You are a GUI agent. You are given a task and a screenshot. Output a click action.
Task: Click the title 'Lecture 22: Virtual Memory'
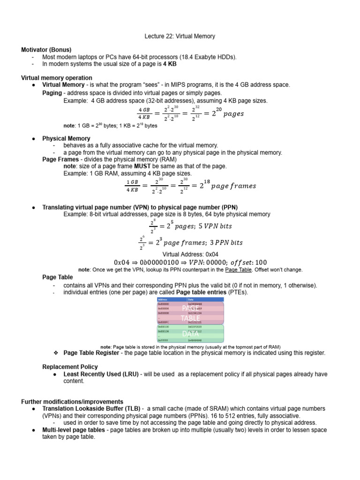180,36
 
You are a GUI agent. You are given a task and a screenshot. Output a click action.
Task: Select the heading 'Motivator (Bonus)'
46,50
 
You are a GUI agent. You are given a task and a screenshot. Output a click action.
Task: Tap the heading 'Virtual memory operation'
57,78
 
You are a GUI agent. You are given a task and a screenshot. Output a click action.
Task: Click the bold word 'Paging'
52,93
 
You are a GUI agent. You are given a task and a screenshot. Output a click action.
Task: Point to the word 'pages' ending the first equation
233,114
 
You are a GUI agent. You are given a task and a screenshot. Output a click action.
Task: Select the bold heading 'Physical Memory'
66,139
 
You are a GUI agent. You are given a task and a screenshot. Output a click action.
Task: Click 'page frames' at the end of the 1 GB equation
234,186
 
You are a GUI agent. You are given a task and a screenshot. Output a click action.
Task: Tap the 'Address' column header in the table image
163,299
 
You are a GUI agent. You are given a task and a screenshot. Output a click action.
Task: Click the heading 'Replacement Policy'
70,367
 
